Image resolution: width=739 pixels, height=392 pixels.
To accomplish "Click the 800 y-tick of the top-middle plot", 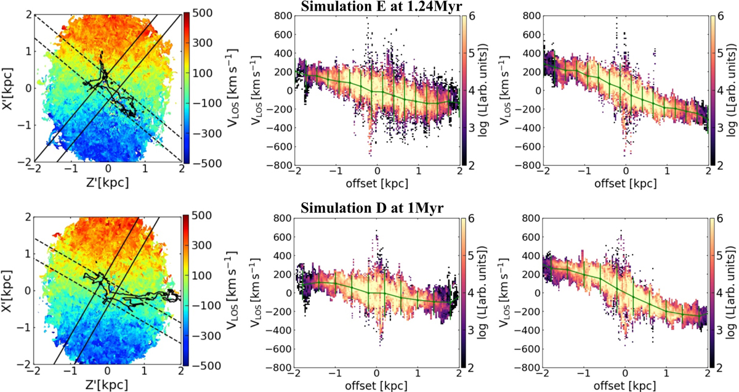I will (284, 13).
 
